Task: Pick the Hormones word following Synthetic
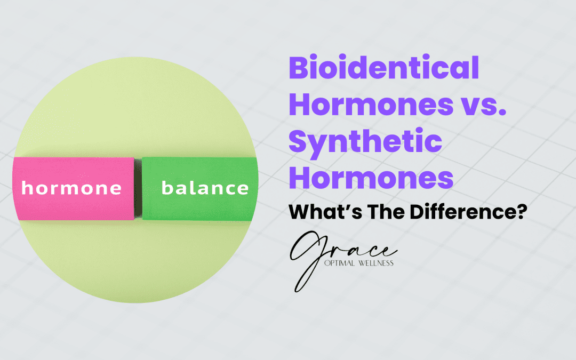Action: [x=371, y=179]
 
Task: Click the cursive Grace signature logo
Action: [x=341, y=256]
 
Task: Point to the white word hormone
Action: [x=71, y=188]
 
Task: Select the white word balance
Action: [x=205, y=188]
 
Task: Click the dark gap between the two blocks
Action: [x=138, y=189]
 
